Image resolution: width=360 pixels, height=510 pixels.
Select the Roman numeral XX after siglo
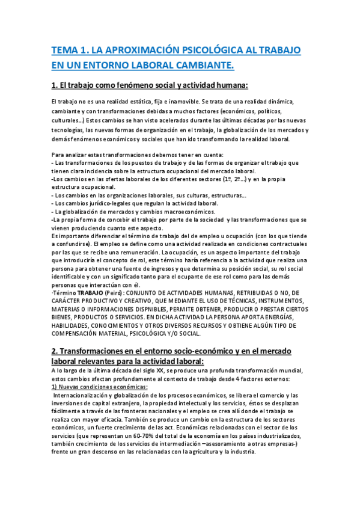160,370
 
